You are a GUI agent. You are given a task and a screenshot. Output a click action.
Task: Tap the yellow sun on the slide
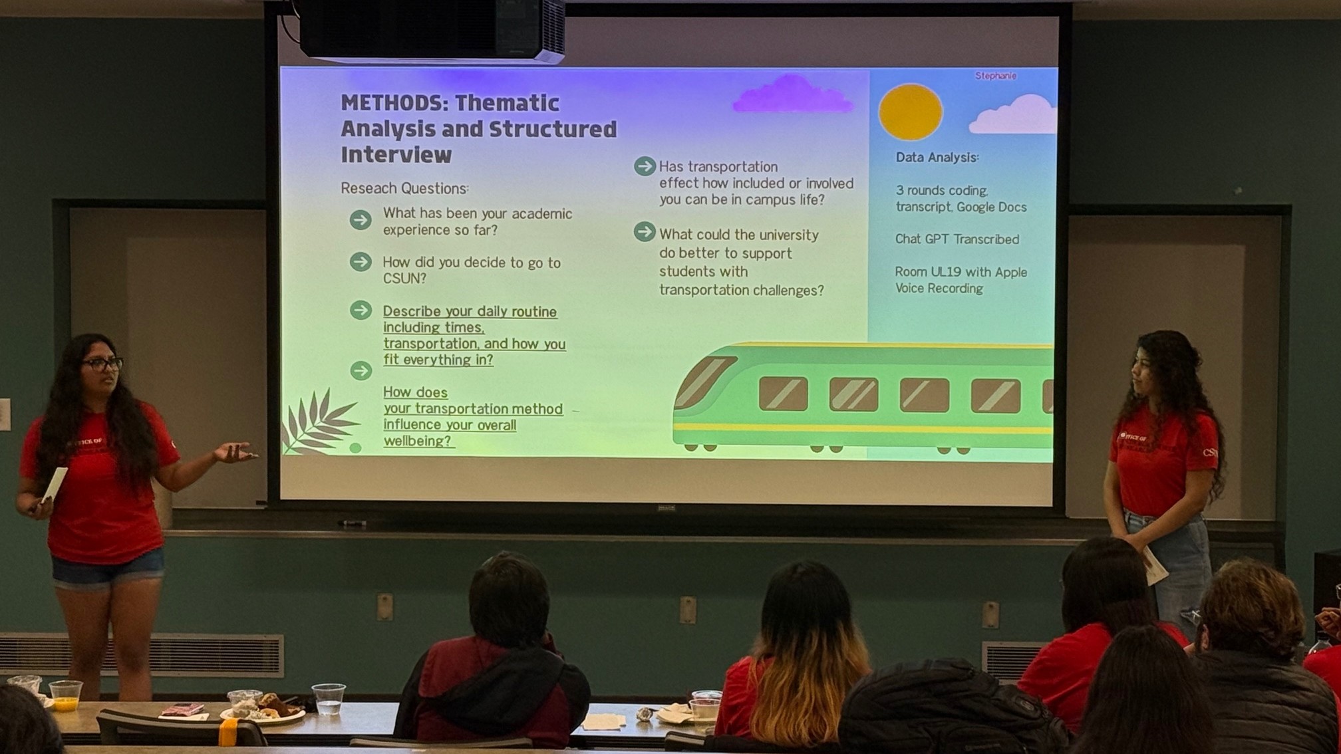click(910, 112)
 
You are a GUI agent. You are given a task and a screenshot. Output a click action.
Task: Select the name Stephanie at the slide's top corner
click(995, 76)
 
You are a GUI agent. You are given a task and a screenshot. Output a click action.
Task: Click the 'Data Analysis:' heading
click(937, 158)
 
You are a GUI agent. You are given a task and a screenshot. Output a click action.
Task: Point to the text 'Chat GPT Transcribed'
click(957, 239)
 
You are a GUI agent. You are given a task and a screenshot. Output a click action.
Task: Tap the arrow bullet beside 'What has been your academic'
click(361, 220)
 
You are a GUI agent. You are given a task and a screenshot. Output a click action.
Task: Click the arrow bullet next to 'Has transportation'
click(644, 166)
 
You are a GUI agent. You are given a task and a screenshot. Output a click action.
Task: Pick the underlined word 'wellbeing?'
click(418, 441)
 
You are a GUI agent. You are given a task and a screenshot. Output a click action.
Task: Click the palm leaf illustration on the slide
click(318, 424)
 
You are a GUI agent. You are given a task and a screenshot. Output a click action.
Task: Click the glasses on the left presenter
click(103, 364)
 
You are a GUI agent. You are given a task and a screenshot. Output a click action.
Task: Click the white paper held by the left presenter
click(55, 483)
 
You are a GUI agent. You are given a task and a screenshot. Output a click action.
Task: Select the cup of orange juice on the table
click(65, 695)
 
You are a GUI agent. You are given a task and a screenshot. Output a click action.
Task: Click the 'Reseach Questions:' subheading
click(404, 189)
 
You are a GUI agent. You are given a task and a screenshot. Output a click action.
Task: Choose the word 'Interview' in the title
click(396, 155)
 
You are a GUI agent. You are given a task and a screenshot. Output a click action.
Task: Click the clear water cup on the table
click(328, 699)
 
